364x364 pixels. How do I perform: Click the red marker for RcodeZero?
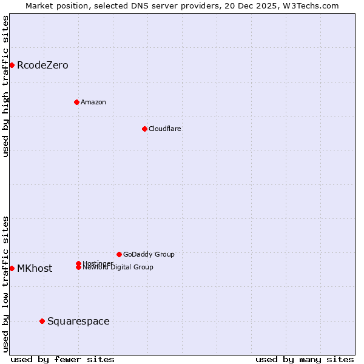[12, 65]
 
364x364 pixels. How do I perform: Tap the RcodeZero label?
[42, 66]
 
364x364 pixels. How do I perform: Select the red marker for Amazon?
[76, 102]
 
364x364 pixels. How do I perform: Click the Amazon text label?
[93, 102]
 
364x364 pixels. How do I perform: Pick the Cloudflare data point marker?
[144, 129]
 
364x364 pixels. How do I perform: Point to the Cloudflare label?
[164, 129]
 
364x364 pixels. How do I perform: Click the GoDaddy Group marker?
[119, 254]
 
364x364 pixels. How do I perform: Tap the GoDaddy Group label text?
[149, 254]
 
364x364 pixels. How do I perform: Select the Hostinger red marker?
[79, 263]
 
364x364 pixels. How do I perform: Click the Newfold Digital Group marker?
[79, 268]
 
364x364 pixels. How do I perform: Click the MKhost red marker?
[12, 268]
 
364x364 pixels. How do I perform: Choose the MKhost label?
[35, 269]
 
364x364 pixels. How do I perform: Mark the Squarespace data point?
[42, 321]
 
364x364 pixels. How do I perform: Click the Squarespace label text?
[78, 322]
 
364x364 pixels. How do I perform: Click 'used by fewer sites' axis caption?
[62, 359]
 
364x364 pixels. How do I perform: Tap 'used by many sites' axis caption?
[305, 359]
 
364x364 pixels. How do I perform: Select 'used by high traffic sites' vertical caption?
[5, 86]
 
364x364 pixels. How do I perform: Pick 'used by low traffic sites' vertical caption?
[5, 283]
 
